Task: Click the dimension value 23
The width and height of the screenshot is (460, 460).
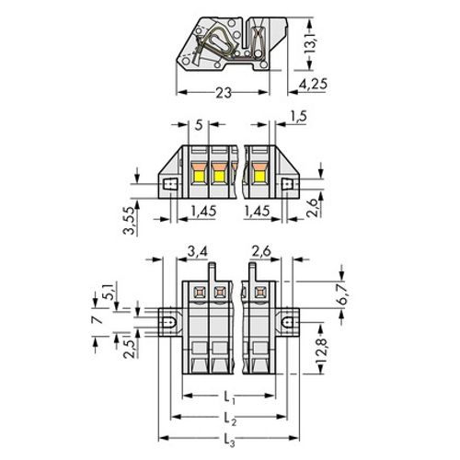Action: coord(224,93)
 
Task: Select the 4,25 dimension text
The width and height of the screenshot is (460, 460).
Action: coord(313,84)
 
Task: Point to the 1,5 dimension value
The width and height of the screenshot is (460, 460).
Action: coord(298,117)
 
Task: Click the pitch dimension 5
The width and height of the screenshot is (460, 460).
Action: coord(199,125)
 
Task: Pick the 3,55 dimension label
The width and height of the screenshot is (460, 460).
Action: coord(129,221)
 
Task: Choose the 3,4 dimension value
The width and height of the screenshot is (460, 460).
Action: coord(197,252)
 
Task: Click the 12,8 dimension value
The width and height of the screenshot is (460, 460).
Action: coord(321,351)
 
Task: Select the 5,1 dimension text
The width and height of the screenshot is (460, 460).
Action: coord(109,292)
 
